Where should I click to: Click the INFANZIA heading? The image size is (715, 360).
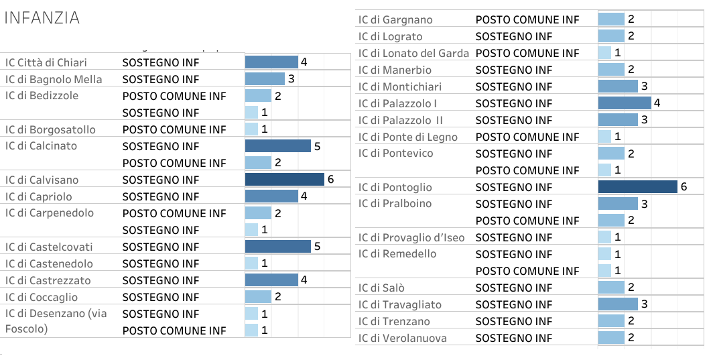tap(42, 18)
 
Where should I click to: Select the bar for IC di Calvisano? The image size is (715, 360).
tap(285, 180)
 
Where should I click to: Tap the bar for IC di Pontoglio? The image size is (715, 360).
tap(637, 187)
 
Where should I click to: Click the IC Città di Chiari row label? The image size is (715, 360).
tap(46, 62)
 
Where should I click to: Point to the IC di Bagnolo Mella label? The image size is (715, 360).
tap(54, 79)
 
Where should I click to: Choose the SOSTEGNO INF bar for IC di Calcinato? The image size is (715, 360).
tap(278, 146)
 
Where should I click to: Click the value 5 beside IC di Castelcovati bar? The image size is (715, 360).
tap(317, 247)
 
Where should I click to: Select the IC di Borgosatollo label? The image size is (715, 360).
tap(50, 129)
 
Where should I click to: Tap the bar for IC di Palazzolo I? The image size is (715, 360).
tap(625, 103)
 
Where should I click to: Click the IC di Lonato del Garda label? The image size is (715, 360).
tap(413, 53)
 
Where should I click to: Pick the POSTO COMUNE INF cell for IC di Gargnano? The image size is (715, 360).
tap(527, 19)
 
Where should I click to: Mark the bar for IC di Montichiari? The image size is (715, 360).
tap(618, 86)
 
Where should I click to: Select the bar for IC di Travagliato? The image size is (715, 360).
tap(618, 304)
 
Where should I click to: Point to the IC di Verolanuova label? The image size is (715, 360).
tap(402, 338)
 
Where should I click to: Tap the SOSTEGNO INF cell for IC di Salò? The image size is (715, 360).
tap(514, 288)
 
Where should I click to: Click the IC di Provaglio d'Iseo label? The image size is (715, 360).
tap(411, 237)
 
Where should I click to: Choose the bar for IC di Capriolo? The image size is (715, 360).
tap(271, 196)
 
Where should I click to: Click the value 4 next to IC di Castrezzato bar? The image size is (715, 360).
tap(304, 280)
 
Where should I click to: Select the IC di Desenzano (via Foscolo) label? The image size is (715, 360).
tap(56, 321)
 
